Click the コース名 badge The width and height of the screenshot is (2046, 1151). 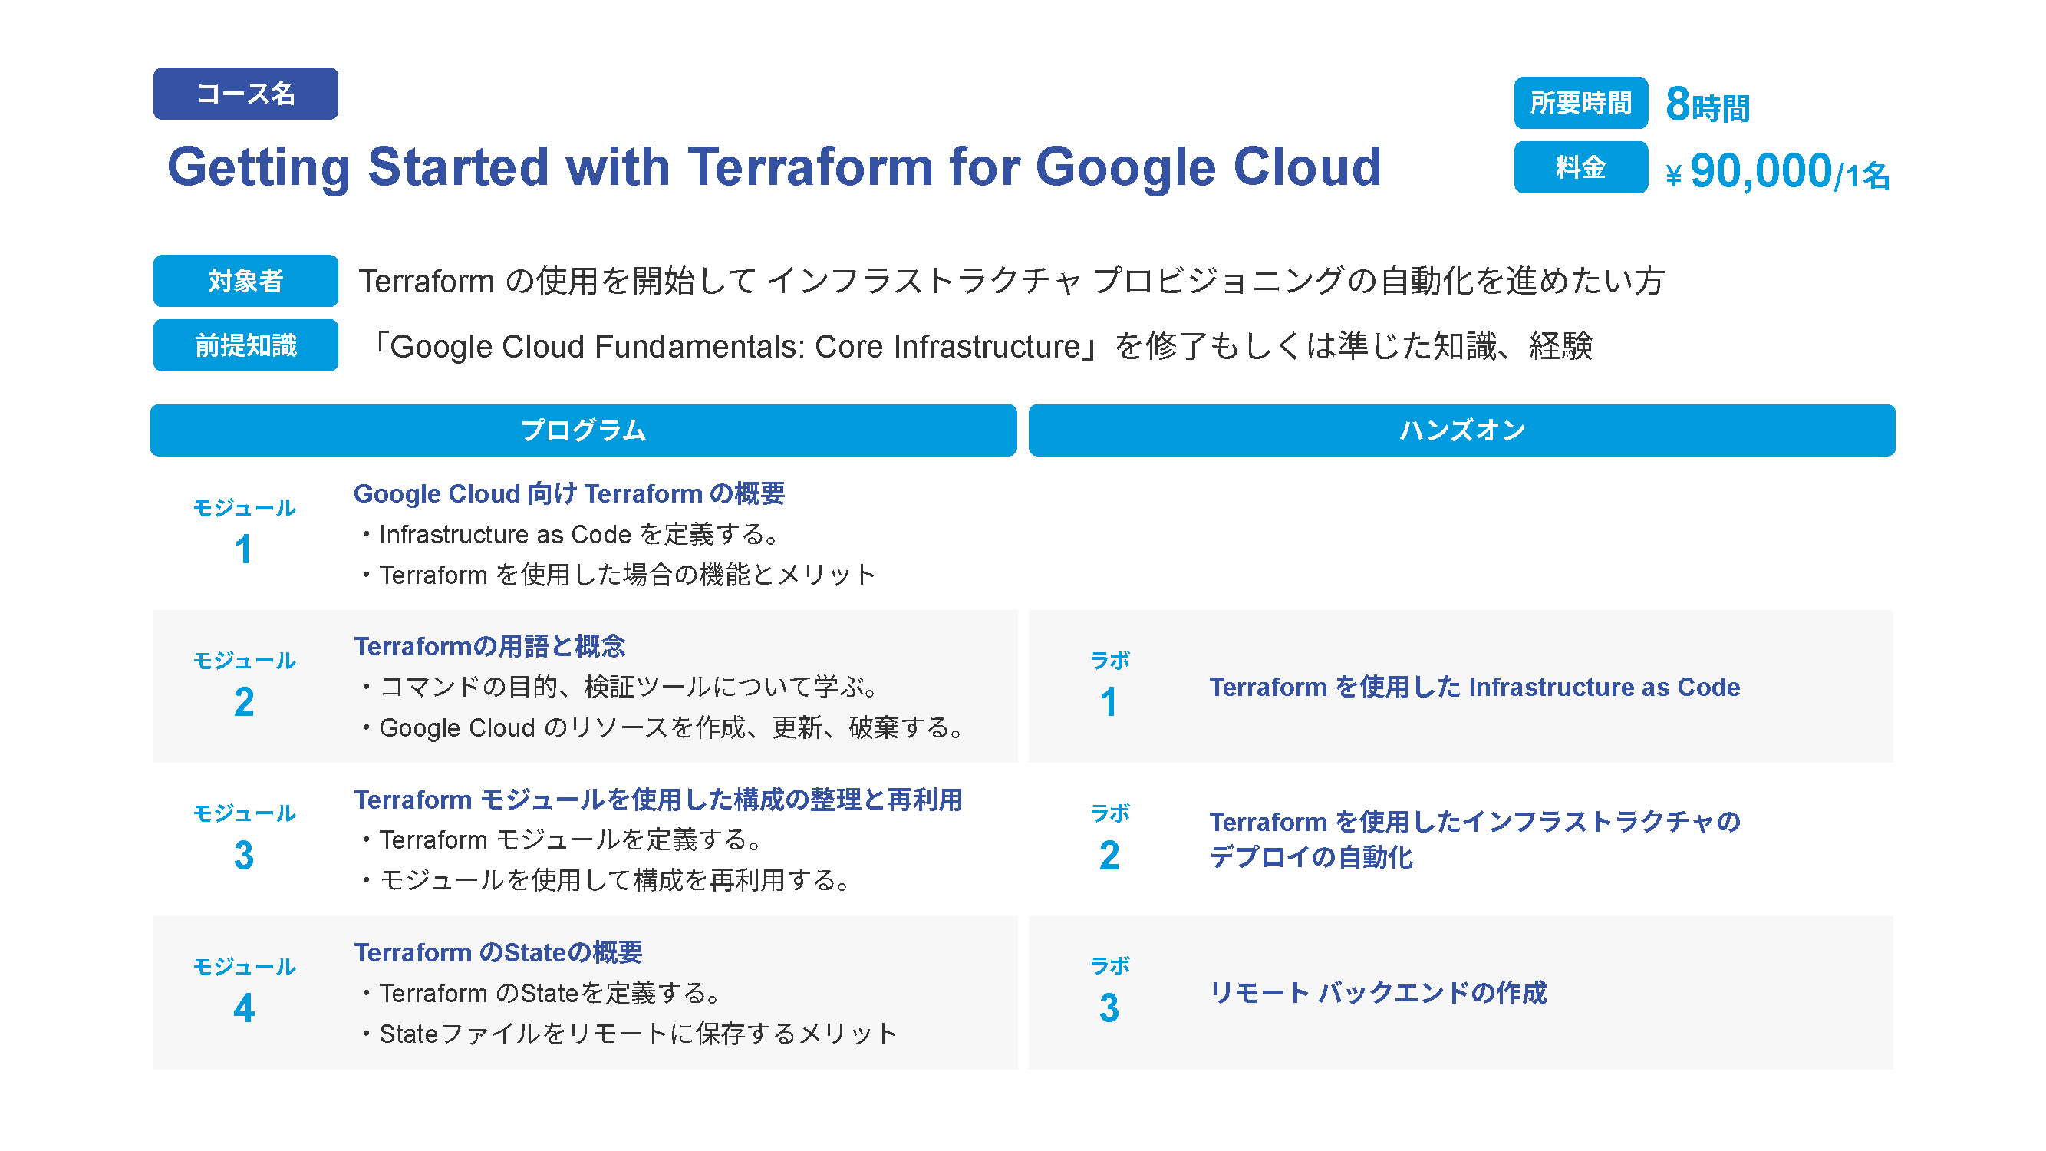(x=245, y=94)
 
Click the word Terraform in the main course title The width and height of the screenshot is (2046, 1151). (x=810, y=167)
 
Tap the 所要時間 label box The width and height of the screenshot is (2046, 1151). (x=1580, y=103)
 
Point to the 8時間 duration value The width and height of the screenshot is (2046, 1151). (x=1708, y=106)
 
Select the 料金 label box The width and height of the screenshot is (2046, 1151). (x=1580, y=167)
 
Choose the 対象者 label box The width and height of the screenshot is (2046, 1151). (x=245, y=280)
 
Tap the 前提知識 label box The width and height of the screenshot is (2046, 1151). (x=245, y=345)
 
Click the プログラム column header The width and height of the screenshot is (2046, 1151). (x=584, y=430)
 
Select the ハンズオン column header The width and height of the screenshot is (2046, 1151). (x=1461, y=430)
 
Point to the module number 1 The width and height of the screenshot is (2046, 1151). (x=243, y=549)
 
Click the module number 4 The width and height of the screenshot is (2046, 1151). (x=244, y=1008)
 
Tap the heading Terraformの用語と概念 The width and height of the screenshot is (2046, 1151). (x=489, y=647)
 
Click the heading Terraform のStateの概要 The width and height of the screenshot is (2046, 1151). (x=498, y=952)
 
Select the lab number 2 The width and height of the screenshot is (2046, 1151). (x=1109, y=856)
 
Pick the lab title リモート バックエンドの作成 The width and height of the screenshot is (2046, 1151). (x=1378, y=993)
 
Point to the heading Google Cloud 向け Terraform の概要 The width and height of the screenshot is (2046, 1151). (x=568, y=494)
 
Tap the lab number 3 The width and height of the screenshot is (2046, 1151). (x=1109, y=1008)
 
